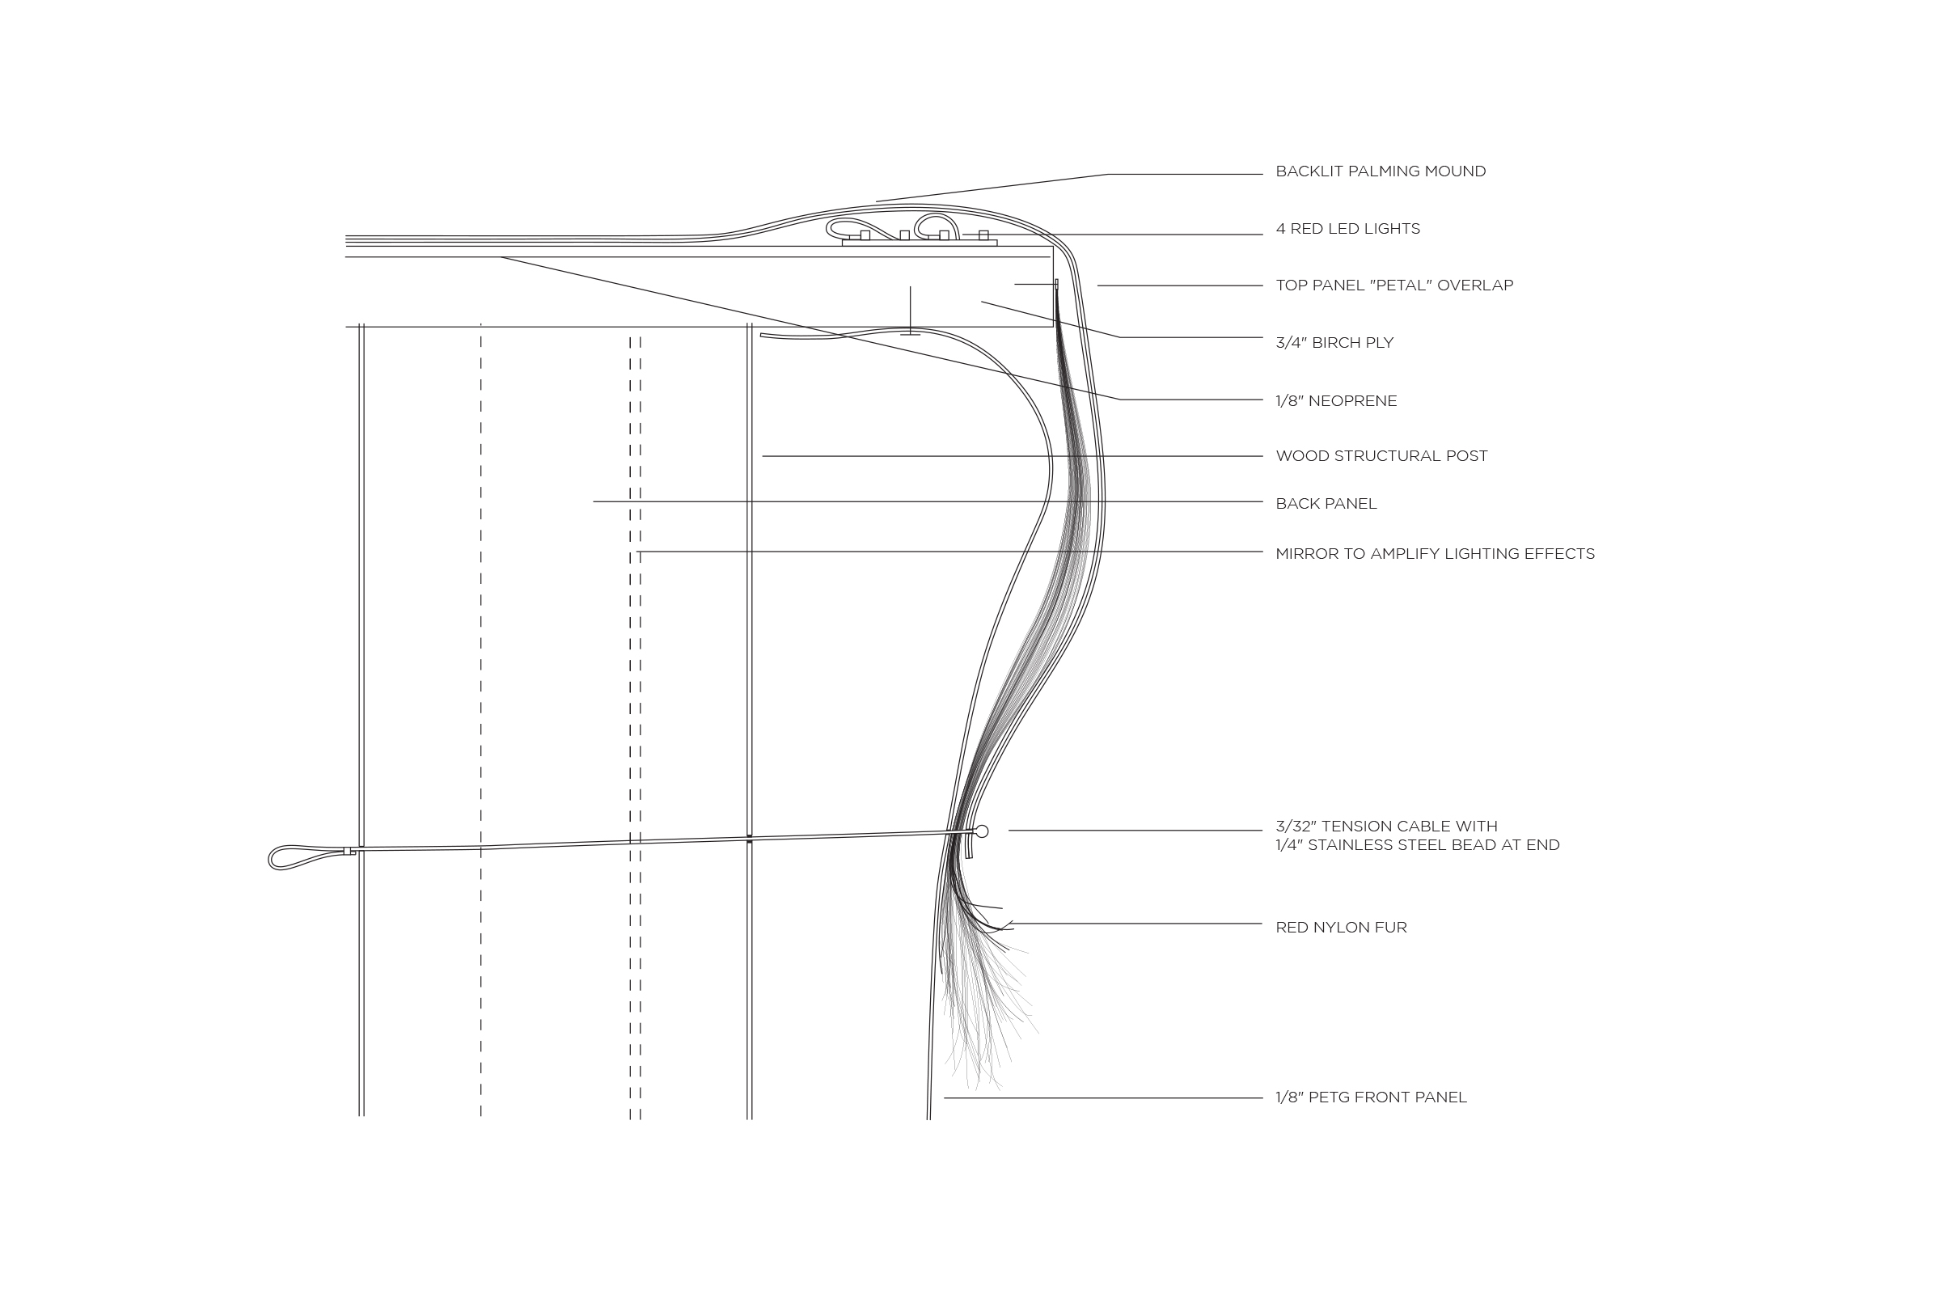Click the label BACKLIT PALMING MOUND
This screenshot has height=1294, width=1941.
[1380, 171]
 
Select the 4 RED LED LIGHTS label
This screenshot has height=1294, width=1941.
[1347, 229]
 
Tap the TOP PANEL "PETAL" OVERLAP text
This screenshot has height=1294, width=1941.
[1393, 285]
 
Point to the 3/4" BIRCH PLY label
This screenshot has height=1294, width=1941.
[1334, 342]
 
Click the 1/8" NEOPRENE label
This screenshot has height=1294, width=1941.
[1335, 401]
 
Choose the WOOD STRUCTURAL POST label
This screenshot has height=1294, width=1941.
[1381, 455]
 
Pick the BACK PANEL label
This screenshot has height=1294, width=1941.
[1326, 503]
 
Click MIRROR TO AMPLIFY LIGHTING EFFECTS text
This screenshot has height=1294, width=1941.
[1434, 554]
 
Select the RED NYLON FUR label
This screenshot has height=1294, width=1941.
[1340, 928]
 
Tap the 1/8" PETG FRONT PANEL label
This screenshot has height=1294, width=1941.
[1371, 1097]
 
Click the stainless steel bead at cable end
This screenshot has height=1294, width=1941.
[982, 831]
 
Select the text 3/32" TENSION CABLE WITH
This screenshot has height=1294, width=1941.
[1385, 826]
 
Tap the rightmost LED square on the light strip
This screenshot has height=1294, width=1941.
[983, 235]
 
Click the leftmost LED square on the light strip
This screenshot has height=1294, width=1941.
[865, 235]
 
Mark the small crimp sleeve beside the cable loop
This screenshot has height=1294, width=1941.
[349, 851]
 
